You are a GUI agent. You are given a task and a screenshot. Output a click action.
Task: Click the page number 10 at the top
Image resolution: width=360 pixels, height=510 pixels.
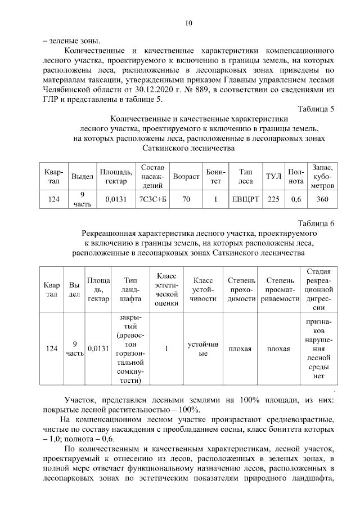tap(188, 23)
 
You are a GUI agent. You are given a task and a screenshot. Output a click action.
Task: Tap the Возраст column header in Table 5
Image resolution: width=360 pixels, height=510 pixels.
tap(186, 176)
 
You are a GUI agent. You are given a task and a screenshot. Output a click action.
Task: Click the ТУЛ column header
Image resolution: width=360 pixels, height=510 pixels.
tap(273, 176)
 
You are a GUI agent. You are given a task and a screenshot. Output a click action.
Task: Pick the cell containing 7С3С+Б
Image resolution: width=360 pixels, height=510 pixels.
tap(153, 199)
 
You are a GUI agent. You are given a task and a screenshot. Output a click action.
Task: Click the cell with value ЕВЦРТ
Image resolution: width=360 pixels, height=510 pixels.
tap(245, 199)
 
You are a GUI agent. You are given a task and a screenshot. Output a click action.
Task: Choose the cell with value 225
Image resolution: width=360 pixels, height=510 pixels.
tap(273, 199)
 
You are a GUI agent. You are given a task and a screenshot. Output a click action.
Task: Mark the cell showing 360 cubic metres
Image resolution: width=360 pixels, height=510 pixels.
tap(322, 199)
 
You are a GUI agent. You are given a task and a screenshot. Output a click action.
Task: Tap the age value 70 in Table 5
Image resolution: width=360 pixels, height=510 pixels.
tap(186, 199)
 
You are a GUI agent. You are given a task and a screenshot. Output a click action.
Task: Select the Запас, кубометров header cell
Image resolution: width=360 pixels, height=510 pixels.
tap(322, 176)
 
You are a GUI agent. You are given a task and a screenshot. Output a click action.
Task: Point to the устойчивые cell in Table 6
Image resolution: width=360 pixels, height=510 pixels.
tap(203, 348)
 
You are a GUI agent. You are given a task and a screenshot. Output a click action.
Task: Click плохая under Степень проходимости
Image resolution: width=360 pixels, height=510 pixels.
tap(240, 349)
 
